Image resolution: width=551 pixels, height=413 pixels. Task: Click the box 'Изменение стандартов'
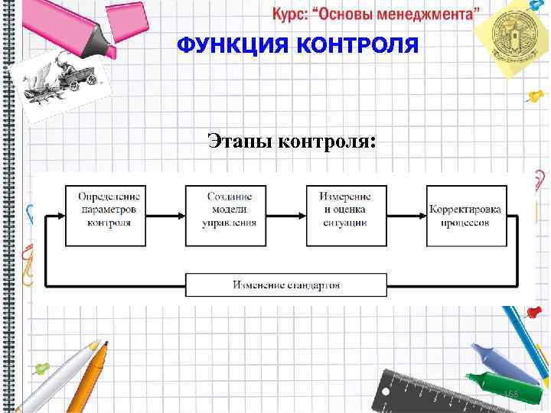point(286,285)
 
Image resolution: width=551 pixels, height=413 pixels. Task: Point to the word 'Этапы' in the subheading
point(239,141)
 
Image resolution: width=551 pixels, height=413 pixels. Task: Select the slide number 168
point(510,393)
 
